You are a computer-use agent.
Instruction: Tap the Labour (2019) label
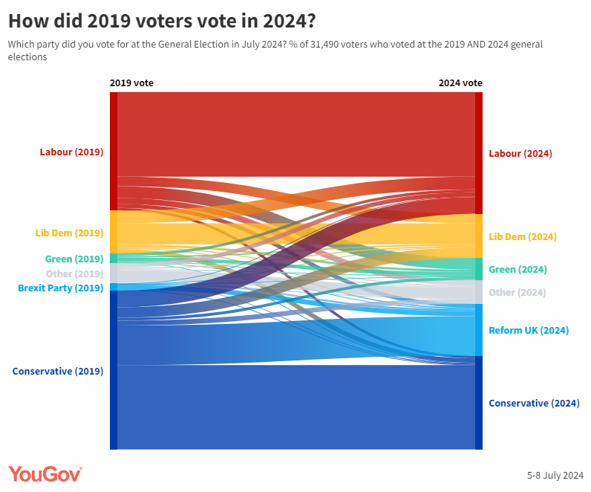click(71, 152)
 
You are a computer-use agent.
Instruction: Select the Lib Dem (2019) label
click(69, 233)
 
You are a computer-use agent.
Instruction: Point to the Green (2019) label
click(74, 259)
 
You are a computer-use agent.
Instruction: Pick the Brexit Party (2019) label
click(60, 288)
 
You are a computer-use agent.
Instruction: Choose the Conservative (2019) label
click(58, 371)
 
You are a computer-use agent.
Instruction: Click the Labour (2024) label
click(520, 154)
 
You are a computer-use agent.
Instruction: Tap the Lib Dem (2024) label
click(523, 237)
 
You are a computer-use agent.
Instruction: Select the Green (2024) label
click(517, 270)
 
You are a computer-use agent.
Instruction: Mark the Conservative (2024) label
click(534, 404)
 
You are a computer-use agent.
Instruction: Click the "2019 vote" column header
click(131, 83)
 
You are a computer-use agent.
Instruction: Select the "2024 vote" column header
click(460, 83)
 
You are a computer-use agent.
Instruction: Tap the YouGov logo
click(45, 474)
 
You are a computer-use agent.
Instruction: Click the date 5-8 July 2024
click(555, 476)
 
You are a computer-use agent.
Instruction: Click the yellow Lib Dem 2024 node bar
click(479, 236)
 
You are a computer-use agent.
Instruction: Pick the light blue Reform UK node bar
click(479, 330)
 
